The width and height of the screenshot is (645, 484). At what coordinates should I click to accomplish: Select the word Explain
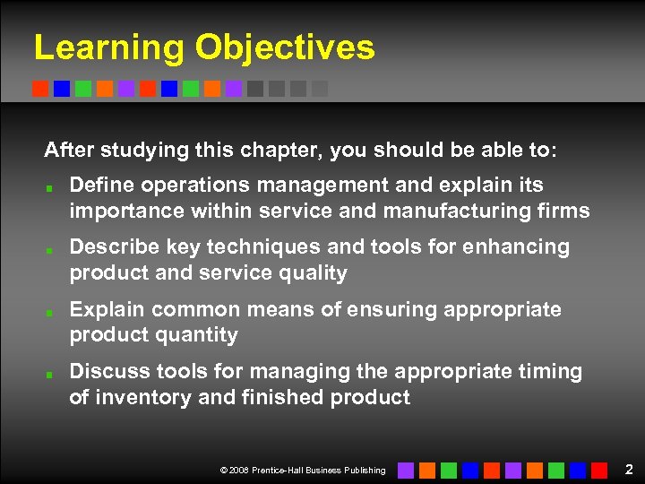[x=107, y=309]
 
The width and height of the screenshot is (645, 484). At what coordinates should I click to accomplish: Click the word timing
[x=551, y=371]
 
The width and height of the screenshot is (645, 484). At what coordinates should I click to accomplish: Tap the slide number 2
[x=629, y=469]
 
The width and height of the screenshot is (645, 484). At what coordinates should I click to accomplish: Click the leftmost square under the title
[x=40, y=89]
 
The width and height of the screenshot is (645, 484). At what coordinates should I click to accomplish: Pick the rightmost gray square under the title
[x=320, y=89]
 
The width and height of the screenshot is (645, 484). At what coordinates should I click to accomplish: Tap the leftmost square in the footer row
[x=406, y=470]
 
